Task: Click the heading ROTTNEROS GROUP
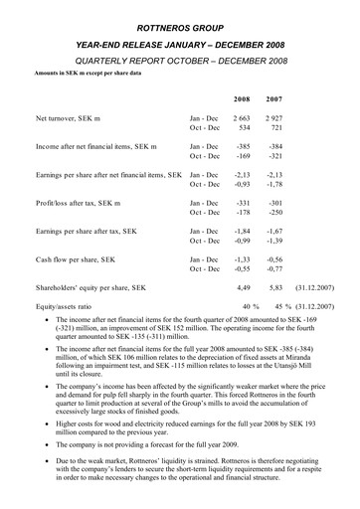(x=179, y=11)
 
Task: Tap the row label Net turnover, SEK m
(x=72, y=119)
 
